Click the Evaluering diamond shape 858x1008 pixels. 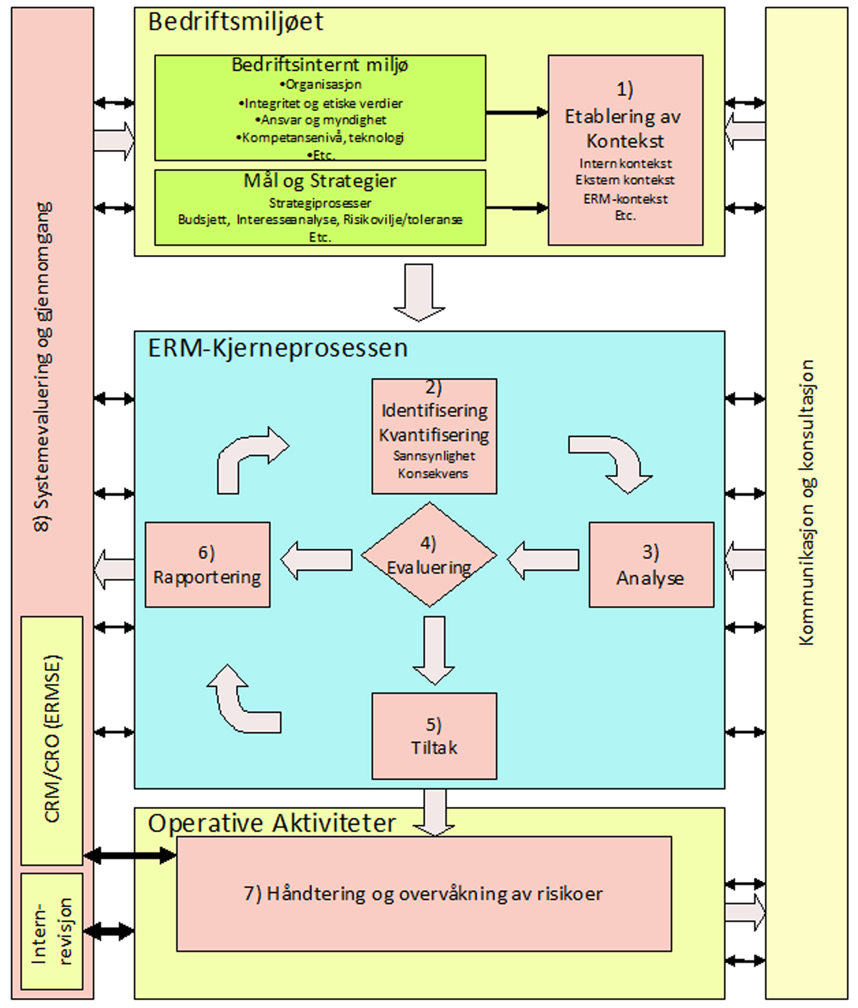click(x=429, y=555)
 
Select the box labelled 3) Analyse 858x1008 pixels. click(x=651, y=564)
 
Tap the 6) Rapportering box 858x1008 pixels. click(x=207, y=564)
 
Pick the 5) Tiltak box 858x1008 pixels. click(x=434, y=736)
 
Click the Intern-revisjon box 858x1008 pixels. click(x=52, y=931)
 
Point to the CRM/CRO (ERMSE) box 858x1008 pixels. click(x=52, y=739)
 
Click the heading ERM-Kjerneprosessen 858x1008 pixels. click(x=278, y=348)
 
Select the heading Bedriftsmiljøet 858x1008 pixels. click(x=236, y=22)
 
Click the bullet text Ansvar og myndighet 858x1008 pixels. click(x=320, y=120)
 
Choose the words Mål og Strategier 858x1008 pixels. click(x=320, y=181)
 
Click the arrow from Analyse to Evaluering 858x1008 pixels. click(x=543, y=560)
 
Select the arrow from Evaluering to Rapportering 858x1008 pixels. click(x=316, y=560)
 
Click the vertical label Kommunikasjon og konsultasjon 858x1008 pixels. click(x=806, y=503)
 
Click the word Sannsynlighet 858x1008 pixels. click(x=434, y=456)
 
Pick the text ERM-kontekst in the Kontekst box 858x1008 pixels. click(x=625, y=199)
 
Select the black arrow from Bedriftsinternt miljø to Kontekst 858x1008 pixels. click(x=516, y=113)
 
